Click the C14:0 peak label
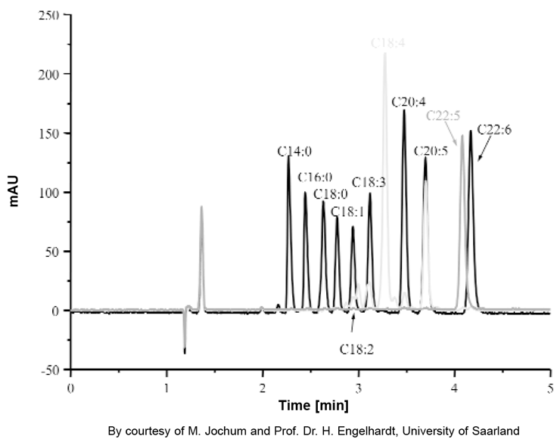pos(291,151)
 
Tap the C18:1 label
pos(350,212)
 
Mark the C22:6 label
pos(493,129)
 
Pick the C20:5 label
pos(431,150)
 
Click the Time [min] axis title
pos(312,407)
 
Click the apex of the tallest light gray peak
pos(384,54)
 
